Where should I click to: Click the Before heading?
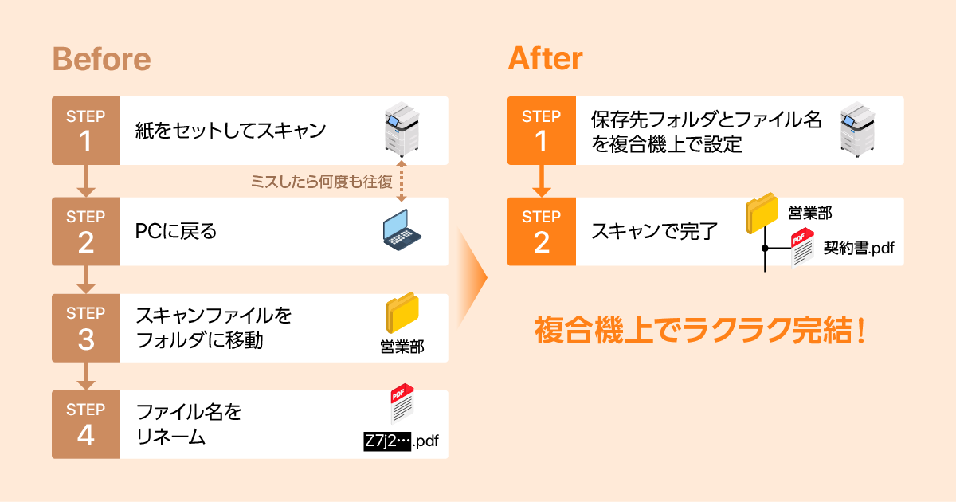(x=101, y=59)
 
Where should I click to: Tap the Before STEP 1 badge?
(x=86, y=131)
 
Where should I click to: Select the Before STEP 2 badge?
(x=86, y=231)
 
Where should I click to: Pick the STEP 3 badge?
(x=86, y=327)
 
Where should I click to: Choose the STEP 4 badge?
(x=86, y=424)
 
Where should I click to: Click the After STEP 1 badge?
(x=542, y=131)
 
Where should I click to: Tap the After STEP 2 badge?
(x=542, y=231)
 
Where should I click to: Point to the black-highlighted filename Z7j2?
(x=386, y=441)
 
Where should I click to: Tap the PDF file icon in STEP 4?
(x=402, y=405)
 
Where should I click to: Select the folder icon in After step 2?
(x=762, y=214)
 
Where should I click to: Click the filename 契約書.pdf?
(x=858, y=249)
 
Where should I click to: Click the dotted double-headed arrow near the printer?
(x=401, y=181)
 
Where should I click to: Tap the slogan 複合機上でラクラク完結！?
(x=699, y=330)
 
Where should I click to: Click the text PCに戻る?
(x=176, y=232)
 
